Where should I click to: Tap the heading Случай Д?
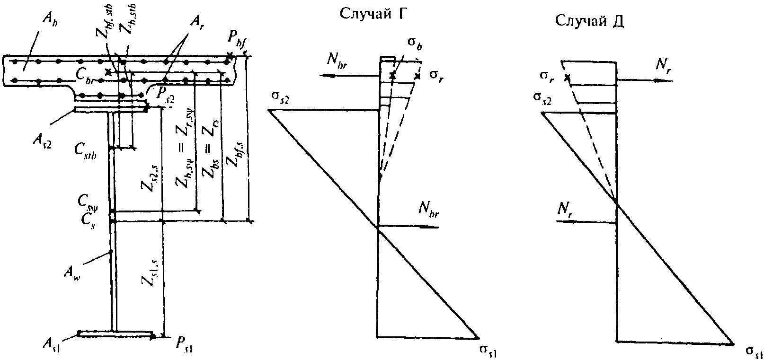coord(589,21)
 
